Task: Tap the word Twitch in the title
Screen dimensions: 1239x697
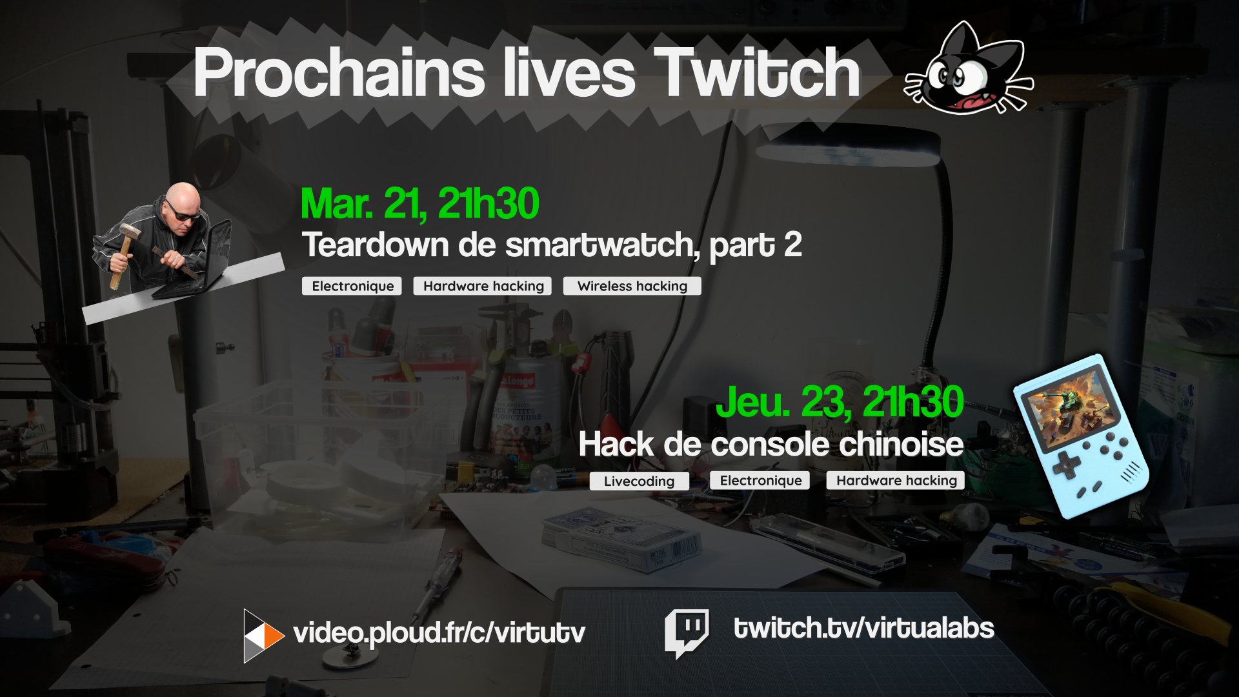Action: point(756,73)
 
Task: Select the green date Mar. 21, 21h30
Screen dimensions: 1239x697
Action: point(420,205)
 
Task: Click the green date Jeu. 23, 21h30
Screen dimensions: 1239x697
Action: point(840,402)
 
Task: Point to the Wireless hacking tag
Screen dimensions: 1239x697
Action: point(632,286)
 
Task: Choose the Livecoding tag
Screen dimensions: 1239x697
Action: point(639,481)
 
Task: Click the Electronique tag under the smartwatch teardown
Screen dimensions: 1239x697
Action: point(352,286)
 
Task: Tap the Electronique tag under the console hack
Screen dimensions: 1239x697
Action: point(760,480)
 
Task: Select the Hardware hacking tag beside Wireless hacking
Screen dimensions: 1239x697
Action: point(483,286)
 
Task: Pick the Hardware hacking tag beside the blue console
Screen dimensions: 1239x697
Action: point(896,480)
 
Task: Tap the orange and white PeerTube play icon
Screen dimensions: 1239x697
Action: point(263,636)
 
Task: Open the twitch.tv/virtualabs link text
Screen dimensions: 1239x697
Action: point(863,628)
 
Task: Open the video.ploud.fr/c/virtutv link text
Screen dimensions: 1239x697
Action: point(439,633)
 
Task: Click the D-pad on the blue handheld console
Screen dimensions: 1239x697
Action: point(1067,464)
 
